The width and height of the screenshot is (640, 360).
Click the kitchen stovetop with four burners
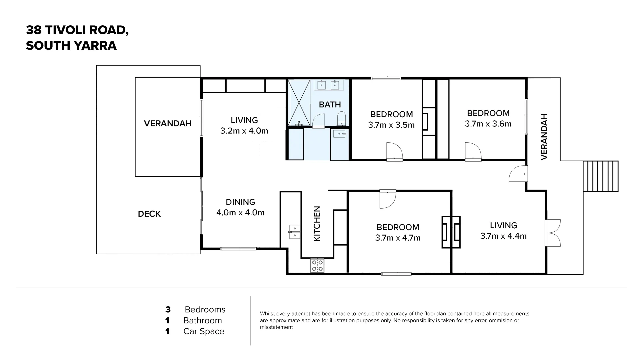click(317, 265)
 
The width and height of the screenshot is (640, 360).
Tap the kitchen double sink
click(295, 232)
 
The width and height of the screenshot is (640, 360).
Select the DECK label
click(149, 214)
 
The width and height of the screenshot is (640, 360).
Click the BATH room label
click(330, 105)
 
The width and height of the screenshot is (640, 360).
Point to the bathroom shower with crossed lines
click(299, 103)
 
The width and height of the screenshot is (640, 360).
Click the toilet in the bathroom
click(342, 119)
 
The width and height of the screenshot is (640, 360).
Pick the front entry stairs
click(601, 176)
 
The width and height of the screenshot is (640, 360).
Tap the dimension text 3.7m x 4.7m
click(398, 238)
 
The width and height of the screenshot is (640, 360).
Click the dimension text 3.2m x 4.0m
click(244, 131)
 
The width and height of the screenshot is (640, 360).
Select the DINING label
click(240, 202)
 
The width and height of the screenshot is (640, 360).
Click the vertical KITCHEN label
click(317, 223)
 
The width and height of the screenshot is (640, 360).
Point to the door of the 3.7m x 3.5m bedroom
click(394, 152)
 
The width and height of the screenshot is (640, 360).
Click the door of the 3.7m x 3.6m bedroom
click(473, 152)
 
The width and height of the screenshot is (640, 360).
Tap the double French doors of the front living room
click(553, 233)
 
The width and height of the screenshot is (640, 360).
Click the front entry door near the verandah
click(518, 174)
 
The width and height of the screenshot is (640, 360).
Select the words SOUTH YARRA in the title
click(71, 46)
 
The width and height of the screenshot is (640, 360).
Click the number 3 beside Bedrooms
click(168, 310)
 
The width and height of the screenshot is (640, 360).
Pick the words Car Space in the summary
click(204, 331)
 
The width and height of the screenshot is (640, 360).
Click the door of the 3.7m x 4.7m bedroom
click(388, 199)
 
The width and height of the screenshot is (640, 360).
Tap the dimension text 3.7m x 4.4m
click(503, 236)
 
